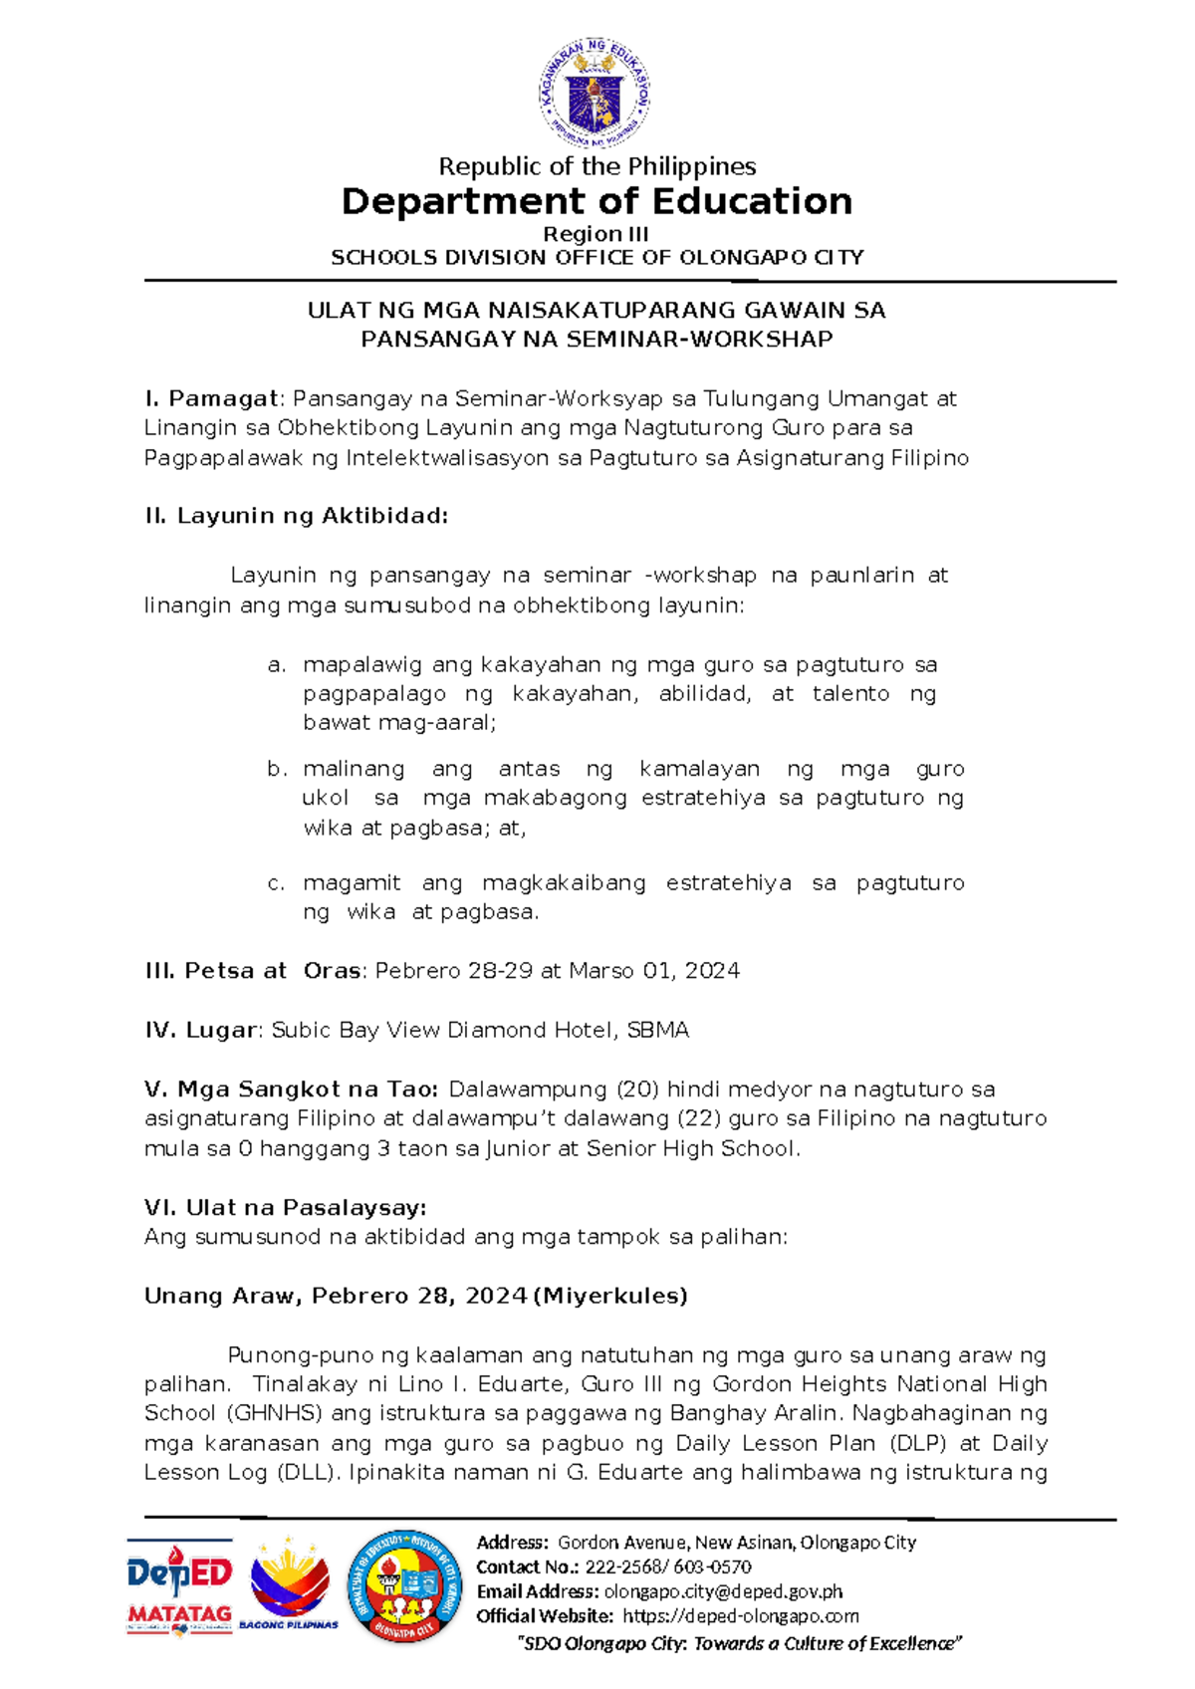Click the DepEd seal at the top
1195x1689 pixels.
tap(596, 94)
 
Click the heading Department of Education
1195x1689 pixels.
tap(597, 202)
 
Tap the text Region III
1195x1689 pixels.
tap(596, 234)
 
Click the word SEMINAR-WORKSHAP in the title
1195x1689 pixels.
tap(699, 340)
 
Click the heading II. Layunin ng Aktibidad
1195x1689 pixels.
tap(297, 516)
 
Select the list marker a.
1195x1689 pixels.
tap(277, 665)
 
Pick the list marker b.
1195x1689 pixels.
tap(277, 769)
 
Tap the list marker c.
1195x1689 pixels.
tap(277, 883)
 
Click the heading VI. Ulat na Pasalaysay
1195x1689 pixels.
tap(286, 1208)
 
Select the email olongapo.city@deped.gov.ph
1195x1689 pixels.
tap(723, 1591)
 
